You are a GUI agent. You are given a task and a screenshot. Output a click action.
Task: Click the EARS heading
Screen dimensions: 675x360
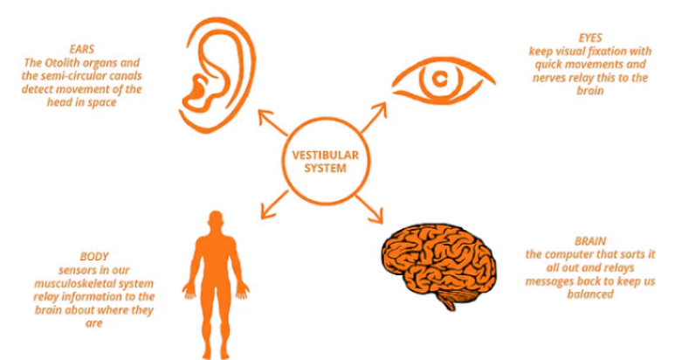[82, 49]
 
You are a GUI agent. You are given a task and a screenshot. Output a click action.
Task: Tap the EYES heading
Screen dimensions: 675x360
[590, 38]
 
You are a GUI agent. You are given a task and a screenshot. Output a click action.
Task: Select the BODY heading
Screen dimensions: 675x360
[93, 257]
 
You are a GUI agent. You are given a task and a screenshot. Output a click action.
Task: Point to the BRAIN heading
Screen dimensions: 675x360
[590, 241]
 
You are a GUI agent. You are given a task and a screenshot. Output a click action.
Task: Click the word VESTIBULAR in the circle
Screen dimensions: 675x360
[326, 155]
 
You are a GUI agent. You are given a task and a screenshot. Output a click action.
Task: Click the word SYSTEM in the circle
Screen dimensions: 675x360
[326, 168]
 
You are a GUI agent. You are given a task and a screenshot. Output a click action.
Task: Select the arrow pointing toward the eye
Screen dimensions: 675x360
[374, 117]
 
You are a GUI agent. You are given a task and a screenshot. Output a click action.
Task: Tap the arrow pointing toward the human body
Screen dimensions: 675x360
[275, 205]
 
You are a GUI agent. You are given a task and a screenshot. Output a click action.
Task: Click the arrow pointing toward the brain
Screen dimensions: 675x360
[369, 210]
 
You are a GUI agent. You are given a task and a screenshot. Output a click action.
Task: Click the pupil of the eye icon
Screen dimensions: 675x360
[439, 79]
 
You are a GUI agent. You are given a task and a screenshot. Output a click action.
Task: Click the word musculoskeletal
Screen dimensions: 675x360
[69, 284]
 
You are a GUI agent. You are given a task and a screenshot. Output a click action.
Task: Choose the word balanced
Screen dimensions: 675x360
[590, 294]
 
